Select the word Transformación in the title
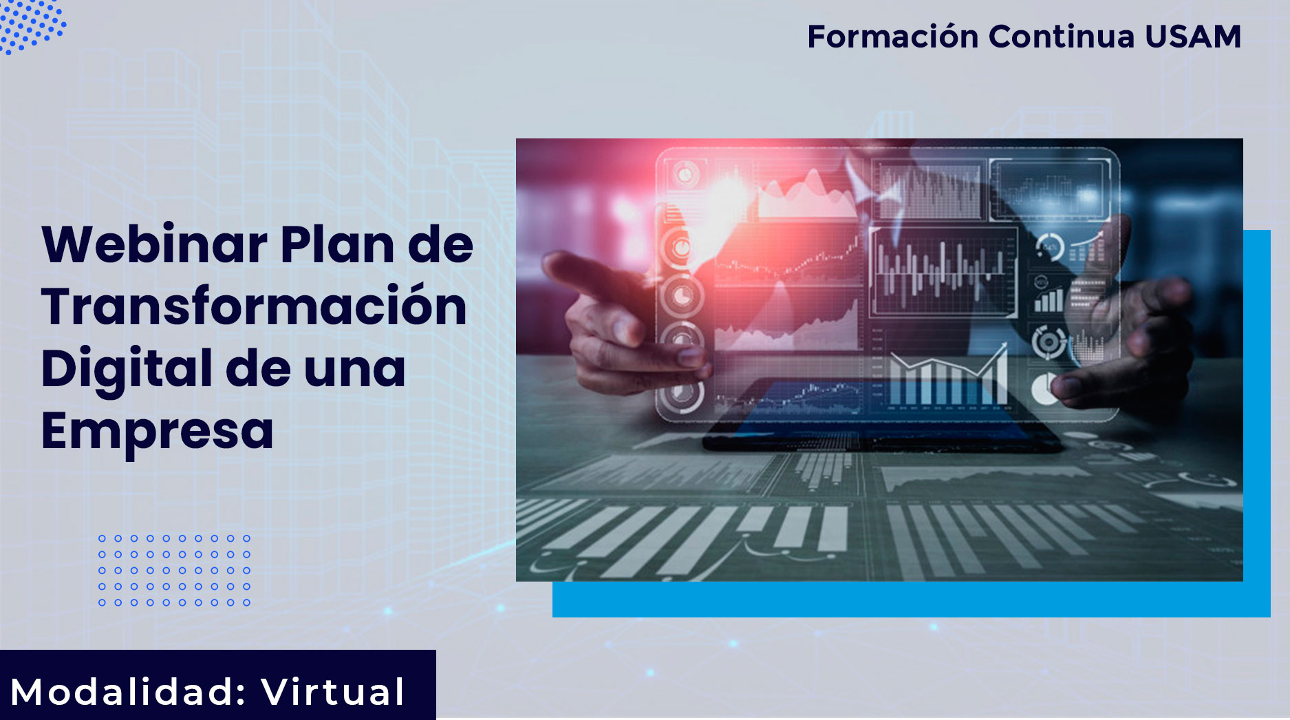pyautogui.click(x=255, y=306)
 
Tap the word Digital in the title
pyautogui.click(x=127, y=368)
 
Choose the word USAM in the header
pyautogui.click(x=1193, y=36)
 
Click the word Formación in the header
pyautogui.click(x=892, y=36)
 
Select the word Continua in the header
pyautogui.click(x=1062, y=36)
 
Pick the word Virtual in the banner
pyautogui.click(x=333, y=692)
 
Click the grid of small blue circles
pyautogui.click(x=175, y=571)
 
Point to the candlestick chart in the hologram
pyautogui.click(x=943, y=272)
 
